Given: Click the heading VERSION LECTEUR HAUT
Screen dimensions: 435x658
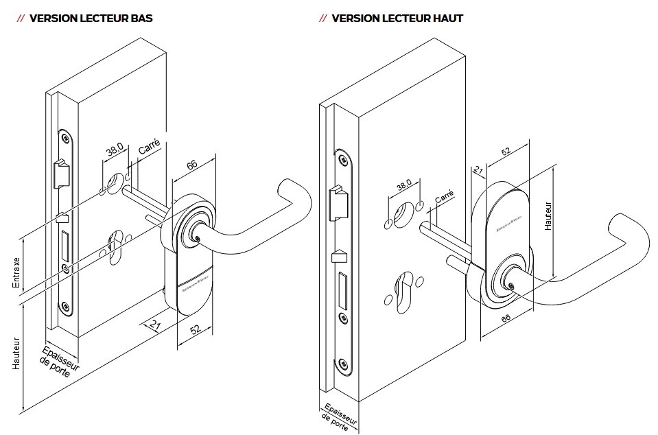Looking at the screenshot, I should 397,19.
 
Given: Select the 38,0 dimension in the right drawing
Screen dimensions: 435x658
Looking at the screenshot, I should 403,185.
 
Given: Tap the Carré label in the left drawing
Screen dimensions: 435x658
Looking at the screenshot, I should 150,146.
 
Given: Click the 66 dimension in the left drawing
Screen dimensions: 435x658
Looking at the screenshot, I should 192,164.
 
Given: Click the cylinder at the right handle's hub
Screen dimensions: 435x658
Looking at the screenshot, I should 508,283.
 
